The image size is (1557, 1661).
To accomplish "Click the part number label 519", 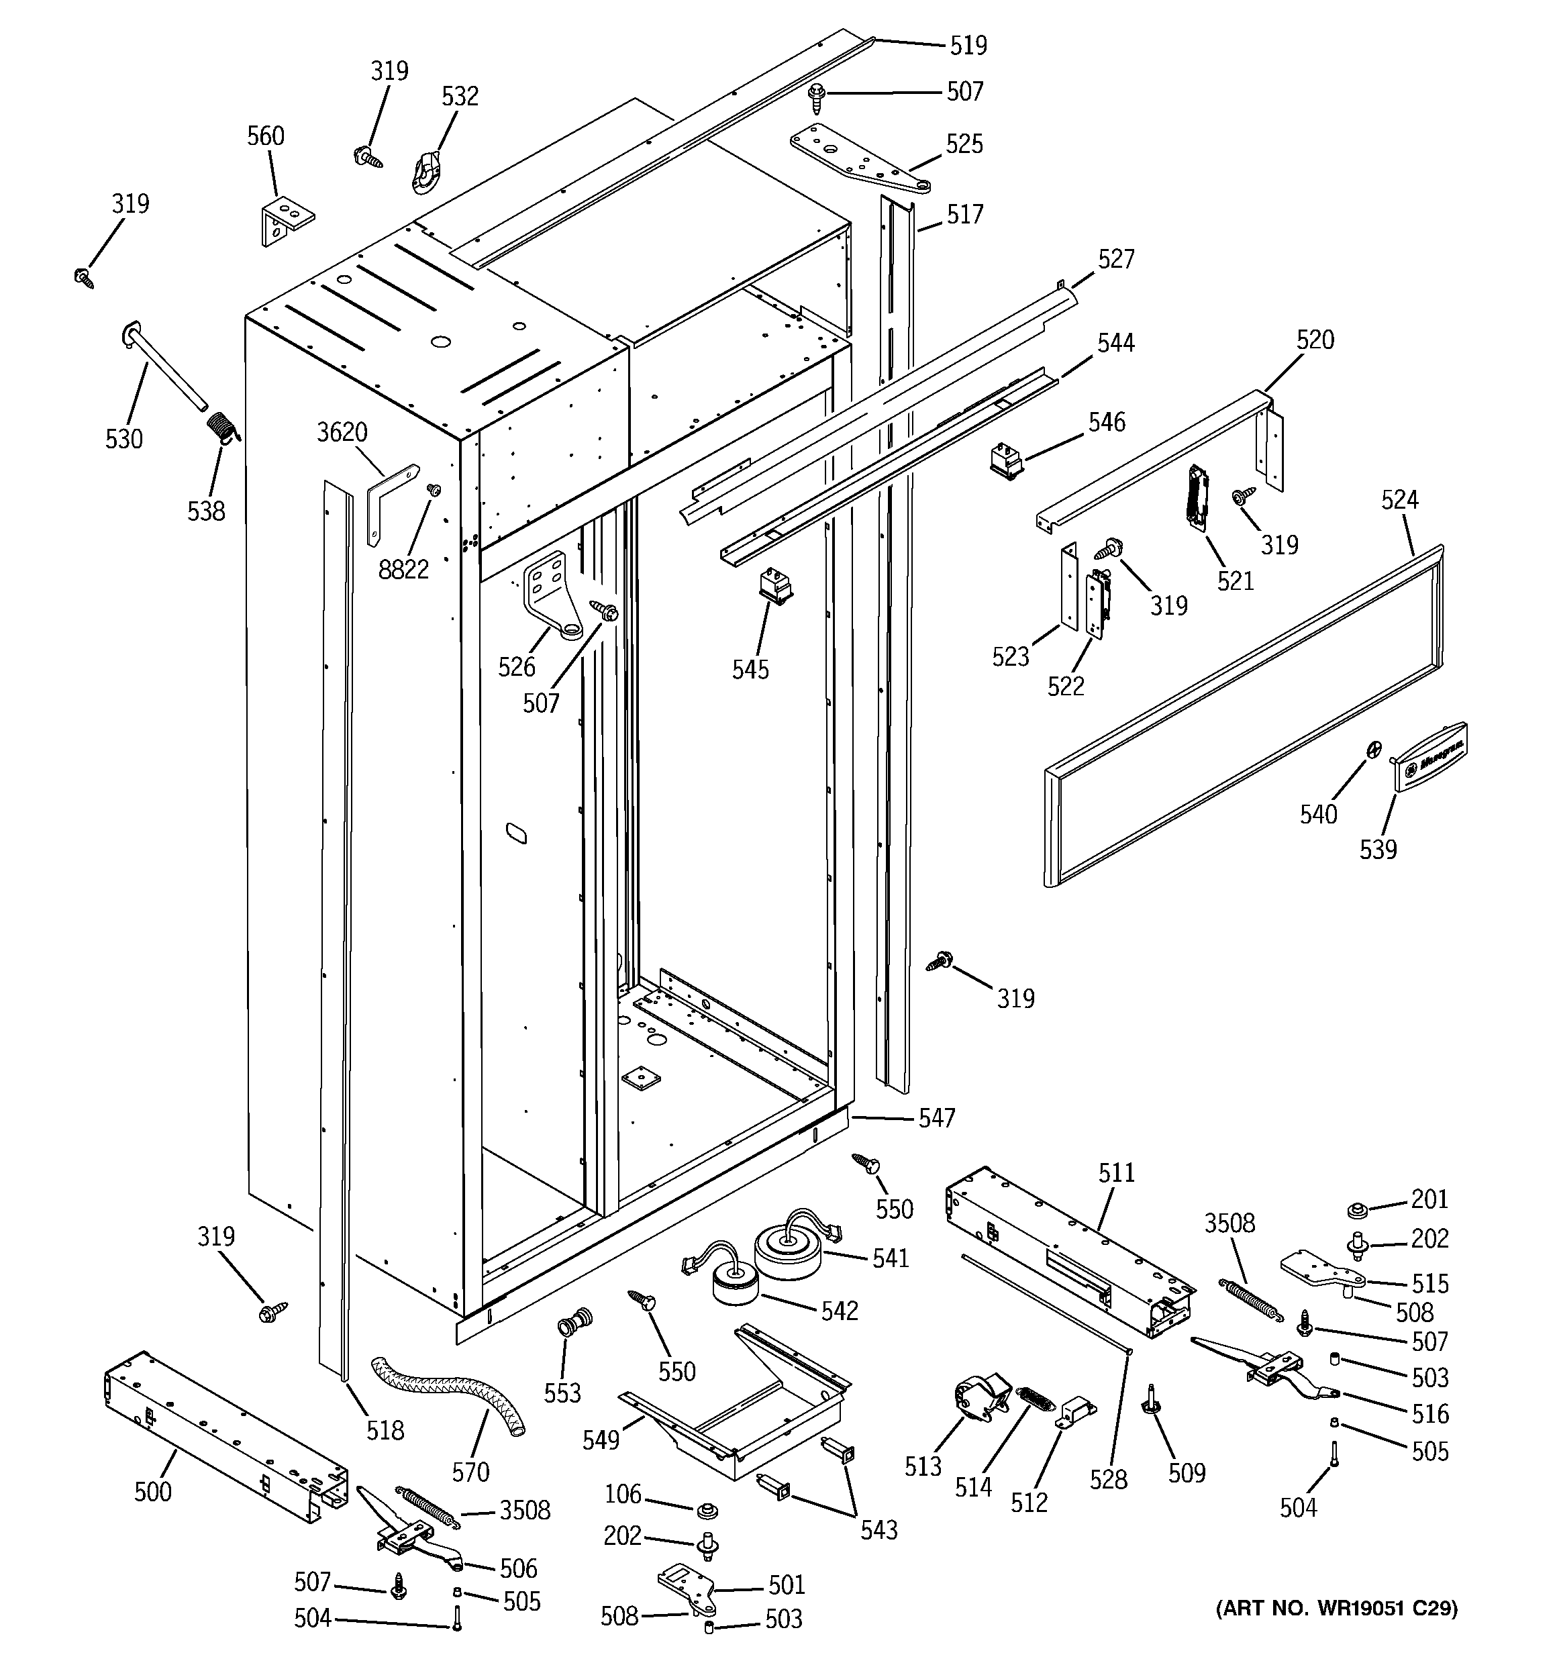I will pos(968,45).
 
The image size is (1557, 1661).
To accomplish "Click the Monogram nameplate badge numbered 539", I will pos(1430,755).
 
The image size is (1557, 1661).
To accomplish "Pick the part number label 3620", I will pos(342,432).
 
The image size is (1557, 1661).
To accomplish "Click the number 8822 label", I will pos(403,570).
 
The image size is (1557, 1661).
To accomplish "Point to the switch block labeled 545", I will pos(774,585).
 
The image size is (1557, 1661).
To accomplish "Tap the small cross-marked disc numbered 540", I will pos(1373,750).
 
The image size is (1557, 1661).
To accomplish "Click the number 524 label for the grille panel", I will pos(1399,499).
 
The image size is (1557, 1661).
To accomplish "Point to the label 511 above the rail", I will pos(1117,1172).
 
